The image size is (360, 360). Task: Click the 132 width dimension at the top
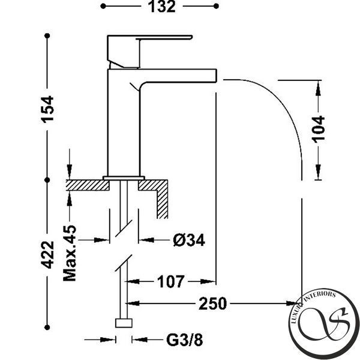tap(162, 7)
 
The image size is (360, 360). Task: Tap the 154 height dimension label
tap(47, 110)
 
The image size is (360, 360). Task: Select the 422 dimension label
tap(47, 255)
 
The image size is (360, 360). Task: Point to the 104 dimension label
tap(319, 130)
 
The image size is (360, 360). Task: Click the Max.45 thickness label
tap(70, 253)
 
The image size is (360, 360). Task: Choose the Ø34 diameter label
tap(189, 241)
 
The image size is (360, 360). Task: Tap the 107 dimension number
tap(170, 282)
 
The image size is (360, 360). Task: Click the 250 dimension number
tap(212, 304)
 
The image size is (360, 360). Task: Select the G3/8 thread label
tap(185, 340)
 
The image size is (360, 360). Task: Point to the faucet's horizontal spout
tap(178, 76)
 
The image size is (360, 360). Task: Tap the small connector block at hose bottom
tap(124, 323)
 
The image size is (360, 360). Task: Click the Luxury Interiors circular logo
tap(324, 324)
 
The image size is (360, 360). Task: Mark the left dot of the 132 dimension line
tap(103, 6)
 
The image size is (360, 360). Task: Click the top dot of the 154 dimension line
tap(47, 36)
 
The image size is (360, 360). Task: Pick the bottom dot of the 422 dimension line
tap(47, 328)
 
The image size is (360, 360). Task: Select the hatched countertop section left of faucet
tap(88, 185)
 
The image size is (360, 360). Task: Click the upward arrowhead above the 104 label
tap(318, 88)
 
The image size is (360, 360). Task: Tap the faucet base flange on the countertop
tap(124, 178)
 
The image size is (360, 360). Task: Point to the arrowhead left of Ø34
tap(101, 241)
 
